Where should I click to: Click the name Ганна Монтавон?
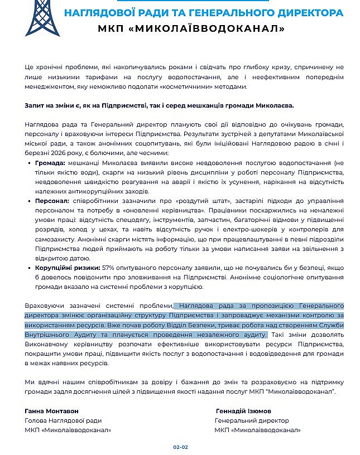[52, 411]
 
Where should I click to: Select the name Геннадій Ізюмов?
[244, 411]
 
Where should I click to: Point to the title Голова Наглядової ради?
[63, 420]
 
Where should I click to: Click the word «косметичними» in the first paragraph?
[184, 86]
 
